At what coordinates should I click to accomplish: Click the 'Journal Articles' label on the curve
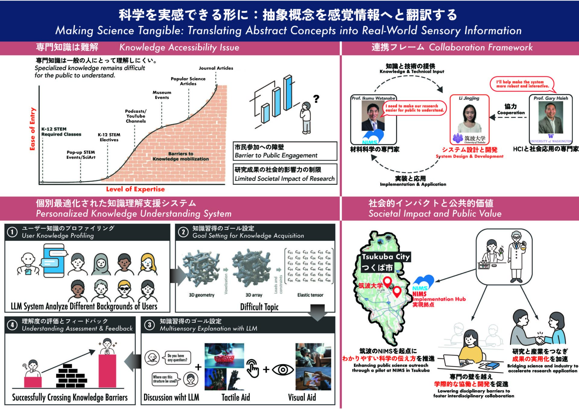216,68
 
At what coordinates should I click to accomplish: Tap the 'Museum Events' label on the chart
162,95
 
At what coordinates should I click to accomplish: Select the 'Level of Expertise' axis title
135,189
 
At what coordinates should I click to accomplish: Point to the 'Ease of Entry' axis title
32,129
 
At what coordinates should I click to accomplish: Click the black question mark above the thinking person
316,99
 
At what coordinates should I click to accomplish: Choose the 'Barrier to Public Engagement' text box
285,151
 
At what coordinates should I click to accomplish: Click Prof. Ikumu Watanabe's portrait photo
373,116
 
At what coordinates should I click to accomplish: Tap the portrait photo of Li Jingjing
469,118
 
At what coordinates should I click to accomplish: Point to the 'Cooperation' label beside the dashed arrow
511,113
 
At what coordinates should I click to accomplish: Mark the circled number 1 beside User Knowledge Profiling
12,232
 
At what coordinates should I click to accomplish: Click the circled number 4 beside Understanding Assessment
12,325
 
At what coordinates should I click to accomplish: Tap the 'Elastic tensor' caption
310,295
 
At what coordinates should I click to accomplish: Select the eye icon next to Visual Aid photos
283,370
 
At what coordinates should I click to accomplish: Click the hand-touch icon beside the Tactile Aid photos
252,368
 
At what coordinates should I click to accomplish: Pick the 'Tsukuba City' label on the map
386,257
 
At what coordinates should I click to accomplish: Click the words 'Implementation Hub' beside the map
439,299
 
